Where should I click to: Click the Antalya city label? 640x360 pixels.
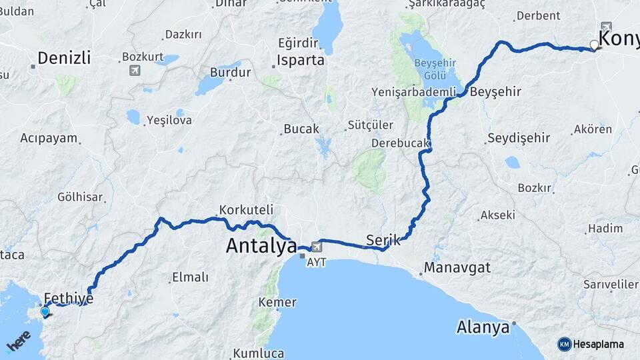261,246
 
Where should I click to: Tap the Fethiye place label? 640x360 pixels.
68,298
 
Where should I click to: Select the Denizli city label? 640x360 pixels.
63,58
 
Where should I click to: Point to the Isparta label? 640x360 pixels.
301,60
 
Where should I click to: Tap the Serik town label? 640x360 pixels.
383,240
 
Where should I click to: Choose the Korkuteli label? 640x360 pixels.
246,209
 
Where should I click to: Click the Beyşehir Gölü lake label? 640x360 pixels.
435,67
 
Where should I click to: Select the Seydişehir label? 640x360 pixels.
519,138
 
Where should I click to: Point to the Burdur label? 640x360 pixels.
230,72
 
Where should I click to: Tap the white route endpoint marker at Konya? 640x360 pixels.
595,45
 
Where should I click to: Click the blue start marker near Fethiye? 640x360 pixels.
45,311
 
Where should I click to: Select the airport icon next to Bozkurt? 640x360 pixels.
135,70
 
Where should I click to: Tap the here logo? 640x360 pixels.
19,341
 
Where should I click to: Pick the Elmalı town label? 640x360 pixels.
190,277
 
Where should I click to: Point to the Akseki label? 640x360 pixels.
497,215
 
